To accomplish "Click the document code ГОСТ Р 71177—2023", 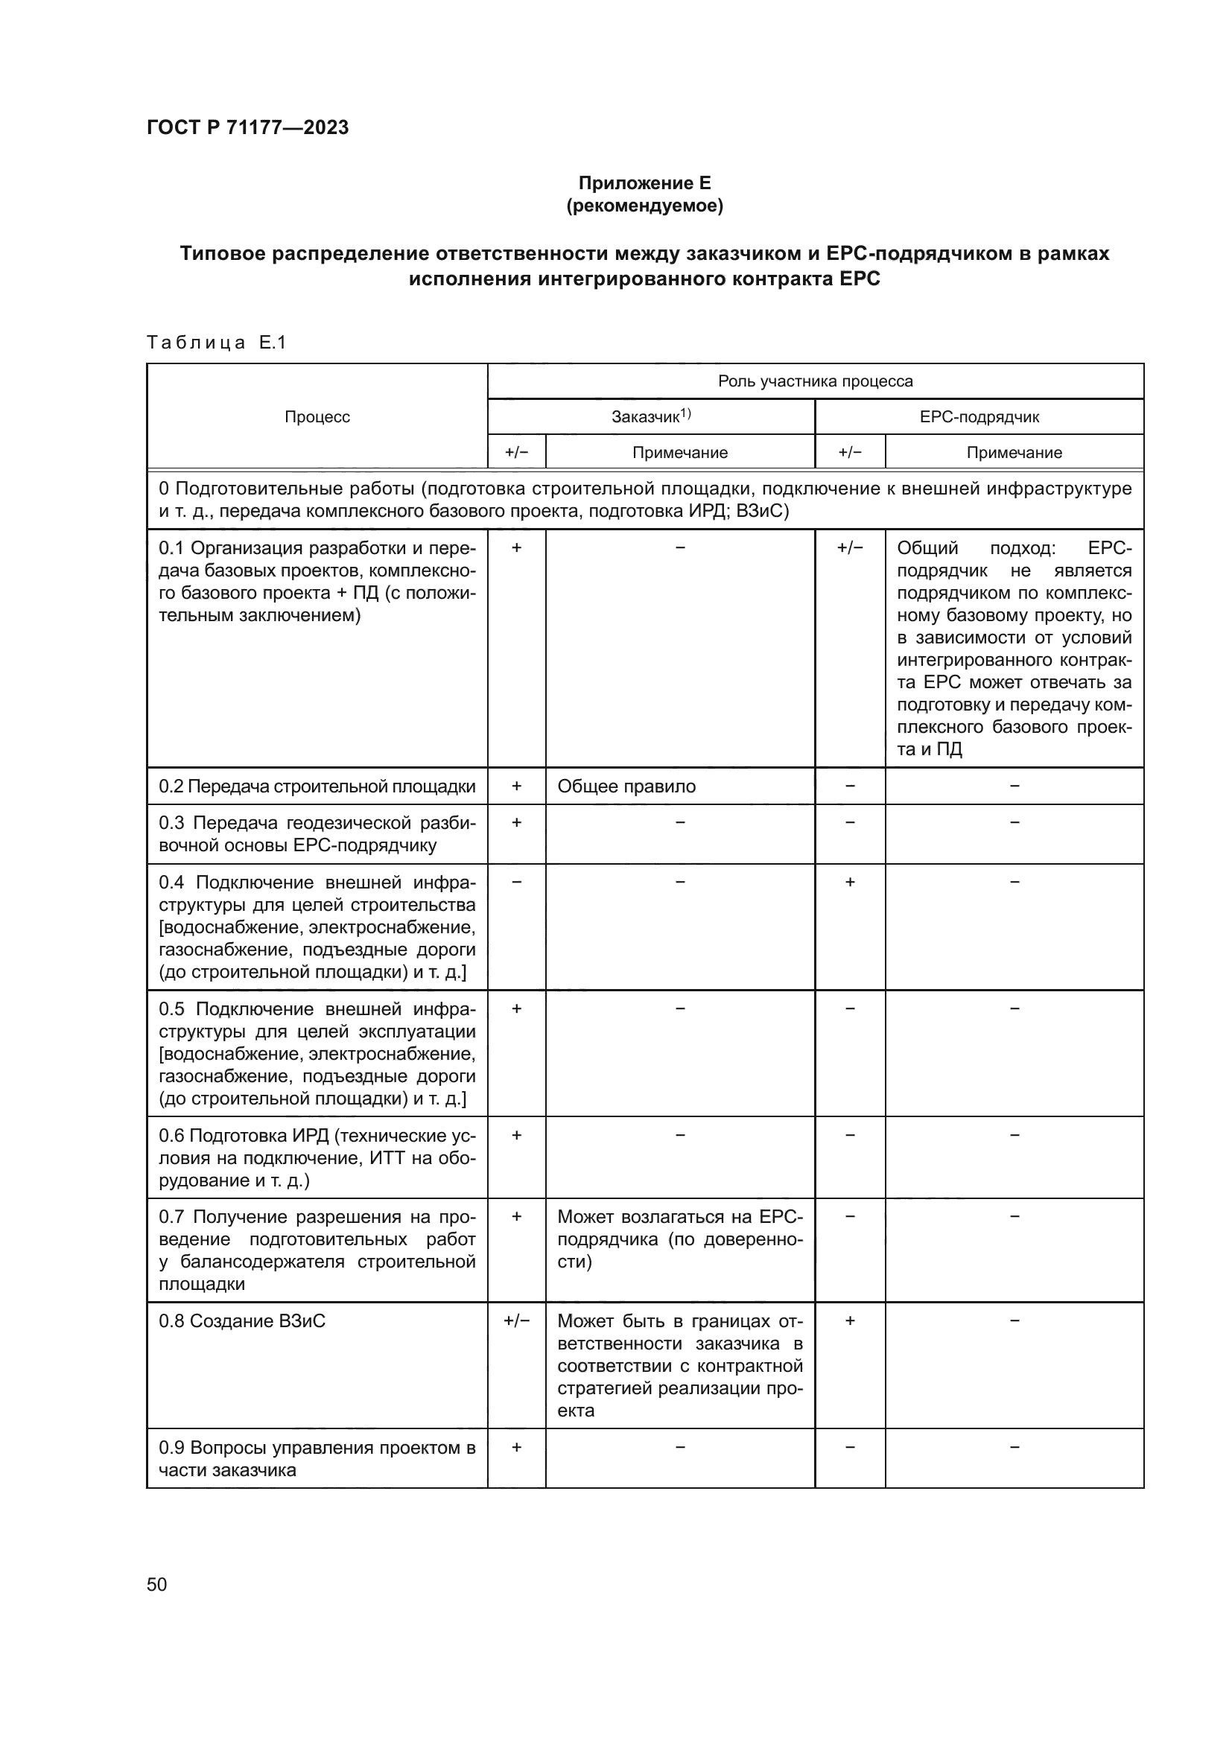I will [x=247, y=127].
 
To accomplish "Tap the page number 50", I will [x=157, y=1584].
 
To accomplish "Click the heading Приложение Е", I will [x=644, y=183].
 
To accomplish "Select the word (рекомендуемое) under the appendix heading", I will [x=644, y=206].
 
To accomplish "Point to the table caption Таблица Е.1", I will [x=216, y=343].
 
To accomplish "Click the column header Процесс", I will [x=317, y=416].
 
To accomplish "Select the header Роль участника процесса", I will [x=815, y=381].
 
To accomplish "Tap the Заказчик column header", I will [x=650, y=416].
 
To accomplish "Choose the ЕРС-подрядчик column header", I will [x=979, y=416].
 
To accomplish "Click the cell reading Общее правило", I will [x=626, y=786].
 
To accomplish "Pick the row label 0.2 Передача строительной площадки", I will [x=317, y=786].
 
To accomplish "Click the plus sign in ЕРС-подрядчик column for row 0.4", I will [x=850, y=882].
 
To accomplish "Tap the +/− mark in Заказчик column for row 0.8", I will [x=517, y=1321].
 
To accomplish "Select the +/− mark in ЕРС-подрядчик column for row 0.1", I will [x=850, y=548].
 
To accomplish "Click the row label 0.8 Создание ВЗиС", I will [x=242, y=1321].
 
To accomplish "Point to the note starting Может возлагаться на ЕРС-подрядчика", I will [x=680, y=1239].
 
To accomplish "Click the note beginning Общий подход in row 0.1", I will [x=1014, y=648].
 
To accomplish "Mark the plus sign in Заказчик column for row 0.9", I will [x=517, y=1448].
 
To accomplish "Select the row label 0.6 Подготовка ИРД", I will [x=317, y=1157].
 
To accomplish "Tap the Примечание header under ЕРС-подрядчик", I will [x=1014, y=452].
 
